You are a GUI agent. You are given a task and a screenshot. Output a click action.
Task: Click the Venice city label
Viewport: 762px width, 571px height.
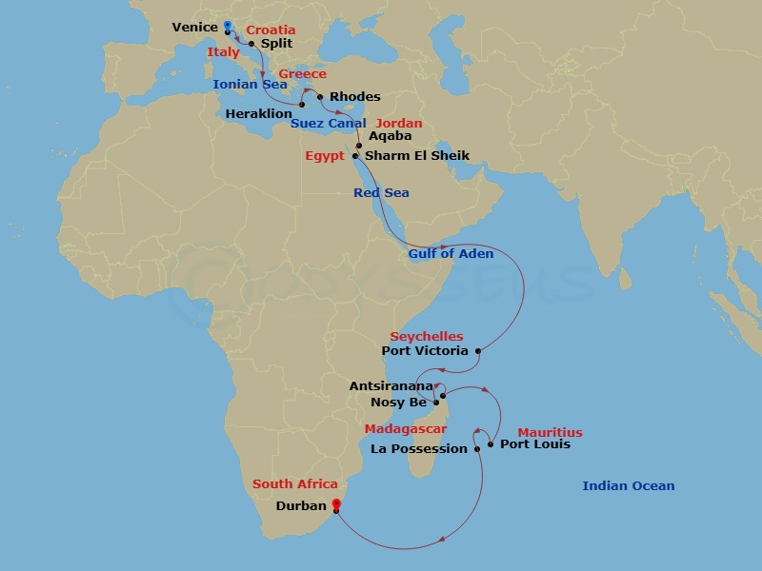coord(194,28)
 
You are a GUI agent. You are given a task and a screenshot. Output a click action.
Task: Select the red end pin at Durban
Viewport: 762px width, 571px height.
coord(335,502)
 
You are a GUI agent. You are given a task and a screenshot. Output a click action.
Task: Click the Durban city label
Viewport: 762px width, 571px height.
coord(301,506)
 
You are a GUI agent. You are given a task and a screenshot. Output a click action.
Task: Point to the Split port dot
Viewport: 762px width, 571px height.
coord(251,43)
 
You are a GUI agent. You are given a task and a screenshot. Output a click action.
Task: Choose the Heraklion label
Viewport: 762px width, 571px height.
coord(259,113)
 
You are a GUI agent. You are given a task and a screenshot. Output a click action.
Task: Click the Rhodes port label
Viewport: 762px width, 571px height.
coord(354,97)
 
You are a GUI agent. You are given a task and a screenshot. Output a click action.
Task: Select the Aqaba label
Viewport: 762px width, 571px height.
coord(390,137)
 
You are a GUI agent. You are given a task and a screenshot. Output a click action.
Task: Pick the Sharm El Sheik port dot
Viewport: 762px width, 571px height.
coord(354,156)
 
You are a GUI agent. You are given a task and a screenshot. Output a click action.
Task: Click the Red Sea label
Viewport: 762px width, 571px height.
coord(381,193)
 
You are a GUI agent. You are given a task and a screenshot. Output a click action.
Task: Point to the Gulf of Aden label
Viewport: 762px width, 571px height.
coord(451,254)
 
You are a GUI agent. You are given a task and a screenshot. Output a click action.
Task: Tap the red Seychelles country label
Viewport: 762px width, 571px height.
coord(427,337)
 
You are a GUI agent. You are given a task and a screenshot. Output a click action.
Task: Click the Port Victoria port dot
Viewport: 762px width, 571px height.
coord(477,351)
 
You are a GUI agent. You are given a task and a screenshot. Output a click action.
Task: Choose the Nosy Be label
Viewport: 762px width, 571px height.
coord(398,403)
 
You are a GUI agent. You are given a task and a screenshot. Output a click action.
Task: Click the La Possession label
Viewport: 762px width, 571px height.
coord(419,449)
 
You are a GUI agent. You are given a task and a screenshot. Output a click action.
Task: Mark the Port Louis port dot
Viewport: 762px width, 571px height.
coord(491,443)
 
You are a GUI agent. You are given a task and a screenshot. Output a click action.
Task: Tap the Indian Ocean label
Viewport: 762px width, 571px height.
coord(629,486)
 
